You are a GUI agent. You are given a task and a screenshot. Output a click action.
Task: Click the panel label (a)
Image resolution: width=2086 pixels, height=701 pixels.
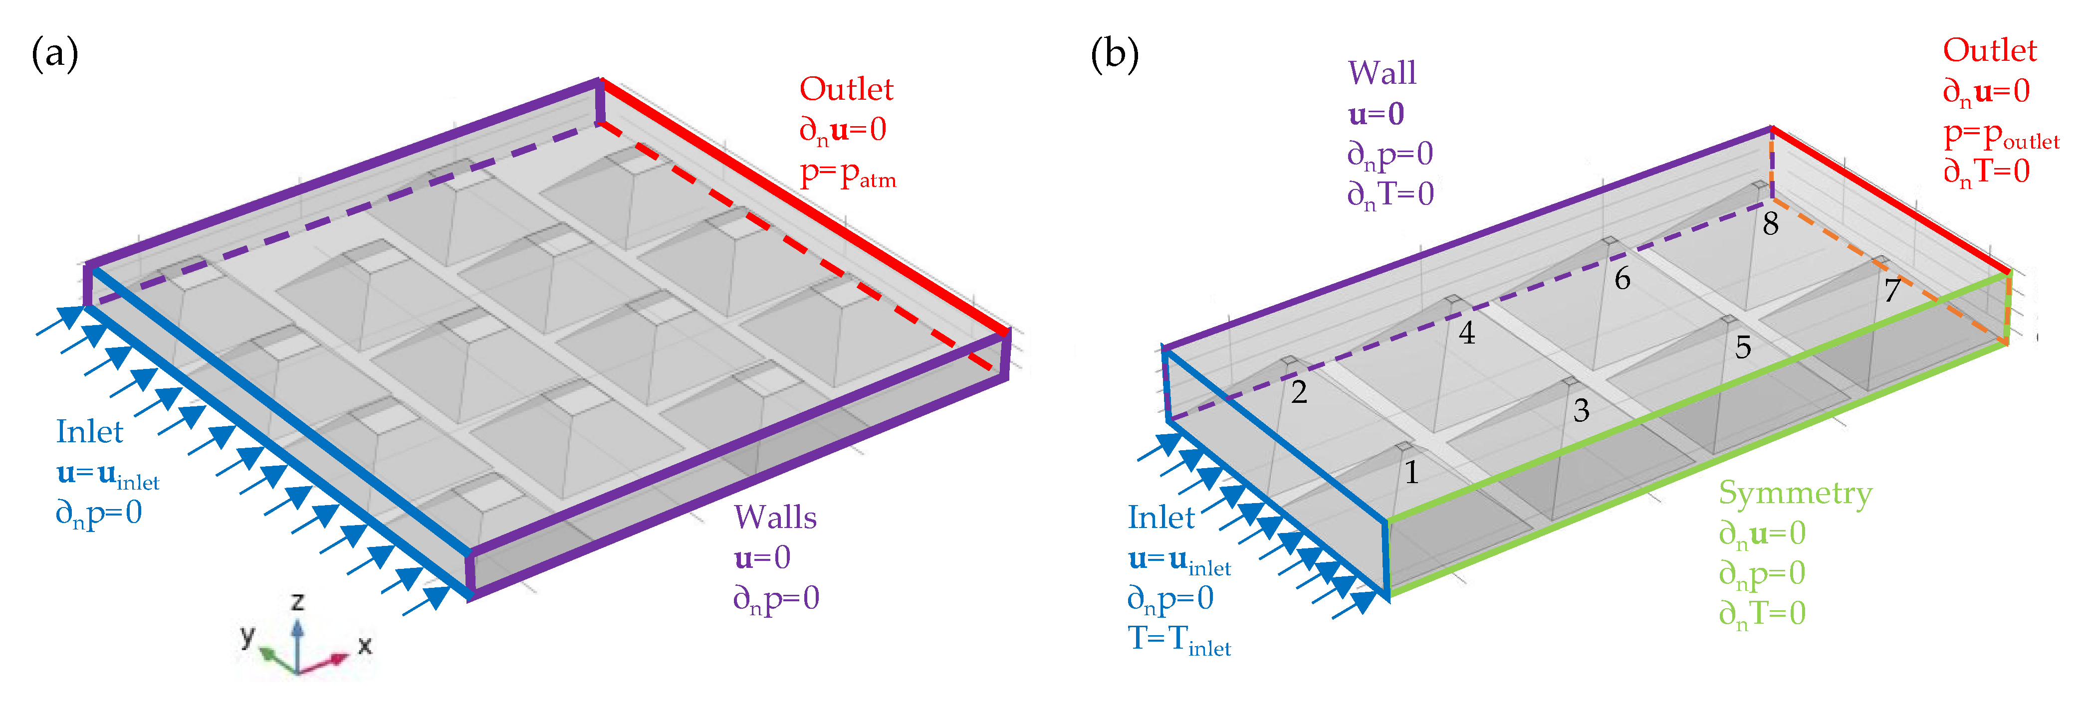click(54, 54)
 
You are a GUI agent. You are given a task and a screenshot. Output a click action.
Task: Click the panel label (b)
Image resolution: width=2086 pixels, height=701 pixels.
click(1114, 54)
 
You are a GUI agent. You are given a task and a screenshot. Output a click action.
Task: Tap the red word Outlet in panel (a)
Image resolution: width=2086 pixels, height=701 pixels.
click(846, 89)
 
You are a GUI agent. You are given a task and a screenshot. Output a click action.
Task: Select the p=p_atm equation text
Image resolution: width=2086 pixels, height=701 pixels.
click(848, 174)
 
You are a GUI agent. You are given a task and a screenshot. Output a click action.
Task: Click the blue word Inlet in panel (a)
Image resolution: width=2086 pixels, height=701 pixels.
click(89, 431)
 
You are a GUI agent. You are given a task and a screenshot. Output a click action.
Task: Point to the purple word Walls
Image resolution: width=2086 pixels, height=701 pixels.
click(775, 517)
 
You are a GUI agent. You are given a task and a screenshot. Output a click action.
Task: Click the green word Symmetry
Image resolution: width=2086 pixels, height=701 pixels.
click(1795, 493)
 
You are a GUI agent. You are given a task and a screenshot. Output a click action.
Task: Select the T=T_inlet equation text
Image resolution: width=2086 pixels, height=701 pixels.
click(1179, 640)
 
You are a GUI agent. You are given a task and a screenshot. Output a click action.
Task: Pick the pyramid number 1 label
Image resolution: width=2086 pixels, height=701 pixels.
click(1411, 472)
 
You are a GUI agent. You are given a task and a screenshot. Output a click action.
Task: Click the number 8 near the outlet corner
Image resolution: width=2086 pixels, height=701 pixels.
click(1771, 224)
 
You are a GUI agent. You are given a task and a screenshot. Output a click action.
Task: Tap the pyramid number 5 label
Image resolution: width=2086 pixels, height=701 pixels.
click(1743, 348)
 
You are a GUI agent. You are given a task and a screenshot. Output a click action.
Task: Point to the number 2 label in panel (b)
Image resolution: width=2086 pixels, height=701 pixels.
click(1299, 392)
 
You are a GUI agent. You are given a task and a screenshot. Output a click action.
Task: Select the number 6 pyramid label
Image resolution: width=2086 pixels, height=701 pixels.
click(1622, 279)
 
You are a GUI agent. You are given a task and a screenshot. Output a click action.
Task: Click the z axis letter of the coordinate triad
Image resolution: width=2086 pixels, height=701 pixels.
click(298, 601)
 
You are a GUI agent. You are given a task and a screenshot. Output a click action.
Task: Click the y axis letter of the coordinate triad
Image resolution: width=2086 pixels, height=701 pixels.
click(247, 635)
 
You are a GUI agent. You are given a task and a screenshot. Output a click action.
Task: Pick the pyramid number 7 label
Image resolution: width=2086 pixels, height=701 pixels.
click(1892, 290)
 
